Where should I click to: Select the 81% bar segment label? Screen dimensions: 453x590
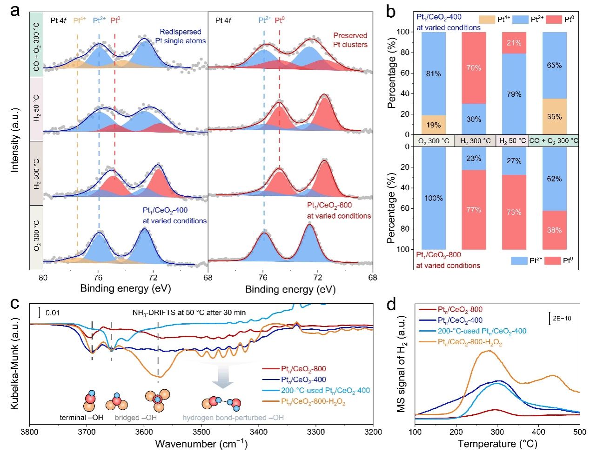tap(433, 73)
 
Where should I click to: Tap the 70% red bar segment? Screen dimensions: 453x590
tap(474, 68)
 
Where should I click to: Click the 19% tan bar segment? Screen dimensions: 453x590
tap(433, 125)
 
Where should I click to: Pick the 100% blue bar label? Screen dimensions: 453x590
tap(433, 198)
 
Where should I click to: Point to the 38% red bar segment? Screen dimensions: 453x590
tap(554, 230)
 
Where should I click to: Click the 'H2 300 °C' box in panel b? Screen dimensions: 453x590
tap(475, 140)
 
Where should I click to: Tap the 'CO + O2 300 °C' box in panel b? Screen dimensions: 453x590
tap(554, 140)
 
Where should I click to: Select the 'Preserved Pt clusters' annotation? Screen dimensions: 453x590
tap(350, 40)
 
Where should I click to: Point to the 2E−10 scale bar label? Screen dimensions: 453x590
tap(562, 319)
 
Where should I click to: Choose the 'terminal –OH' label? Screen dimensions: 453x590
tap(81, 418)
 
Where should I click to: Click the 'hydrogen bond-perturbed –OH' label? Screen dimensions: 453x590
tap(233, 418)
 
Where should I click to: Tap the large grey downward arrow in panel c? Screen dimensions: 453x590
tap(223, 377)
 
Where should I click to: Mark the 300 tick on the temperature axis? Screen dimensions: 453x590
tap(497, 432)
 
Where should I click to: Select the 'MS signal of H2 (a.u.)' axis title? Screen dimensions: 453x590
tap(402, 364)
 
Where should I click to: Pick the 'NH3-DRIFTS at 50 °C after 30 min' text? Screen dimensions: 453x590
tap(189, 313)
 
